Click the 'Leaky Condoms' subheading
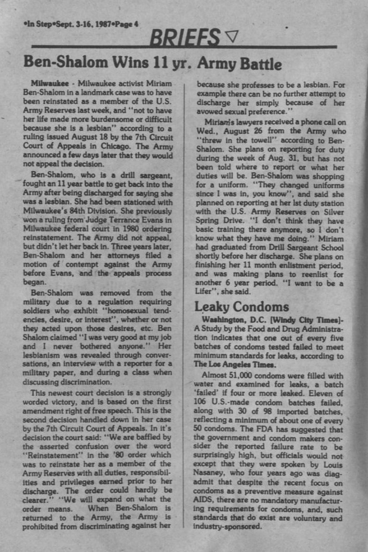tap(241, 306)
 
